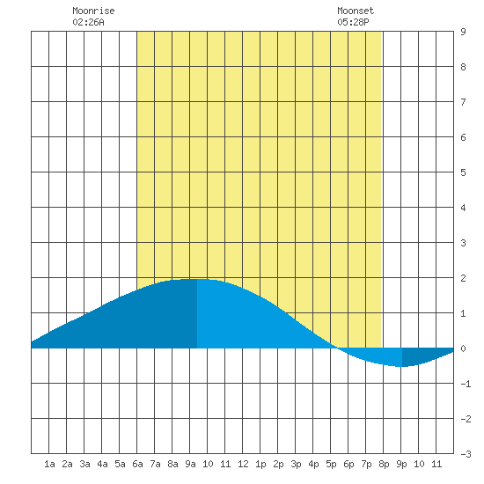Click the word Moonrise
click(93, 11)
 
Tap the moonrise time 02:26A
click(88, 22)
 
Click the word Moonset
click(356, 11)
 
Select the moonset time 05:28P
click(353, 22)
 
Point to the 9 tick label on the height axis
click(463, 32)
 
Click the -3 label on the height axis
click(466, 454)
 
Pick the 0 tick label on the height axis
click(463, 348)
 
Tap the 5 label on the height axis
click(463, 172)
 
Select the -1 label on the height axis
click(466, 384)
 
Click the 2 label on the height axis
click(463, 278)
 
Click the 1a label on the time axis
click(49, 464)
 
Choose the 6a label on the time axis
click(137, 464)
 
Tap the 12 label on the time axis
click(243, 464)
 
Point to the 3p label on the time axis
click(296, 464)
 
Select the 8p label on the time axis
click(384, 464)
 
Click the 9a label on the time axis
click(190, 464)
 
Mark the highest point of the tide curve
click(197, 279)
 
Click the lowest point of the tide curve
click(402, 367)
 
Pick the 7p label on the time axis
click(366, 464)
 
